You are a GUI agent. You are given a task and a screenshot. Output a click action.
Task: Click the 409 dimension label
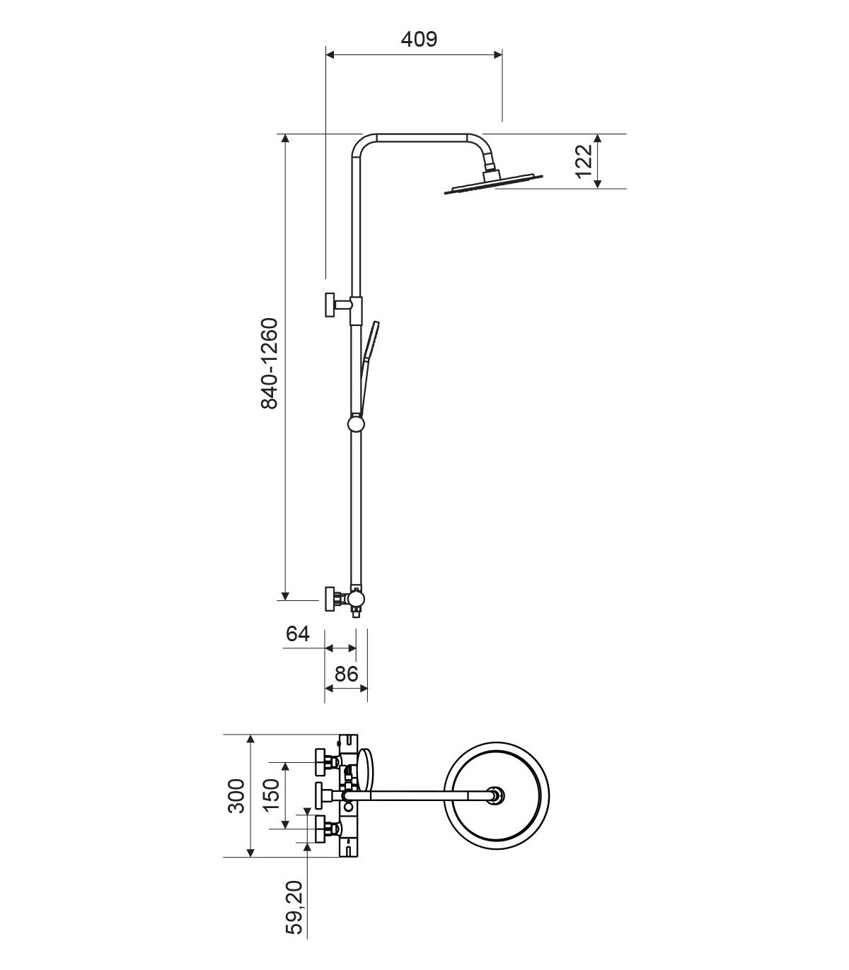point(420,40)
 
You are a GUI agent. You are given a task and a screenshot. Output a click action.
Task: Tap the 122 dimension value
point(584,160)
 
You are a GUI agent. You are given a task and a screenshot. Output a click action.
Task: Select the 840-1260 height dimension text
point(270,363)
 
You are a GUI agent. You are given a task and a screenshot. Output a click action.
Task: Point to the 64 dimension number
point(298,634)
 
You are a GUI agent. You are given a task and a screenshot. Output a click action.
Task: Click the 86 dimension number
point(346,674)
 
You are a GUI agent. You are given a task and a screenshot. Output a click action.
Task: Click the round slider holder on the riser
point(356,423)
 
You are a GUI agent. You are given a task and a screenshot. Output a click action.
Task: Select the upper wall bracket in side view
point(342,305)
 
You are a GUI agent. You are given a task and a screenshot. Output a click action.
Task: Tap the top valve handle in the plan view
point(328,762)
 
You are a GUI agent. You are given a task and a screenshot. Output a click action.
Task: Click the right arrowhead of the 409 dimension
point(498,54)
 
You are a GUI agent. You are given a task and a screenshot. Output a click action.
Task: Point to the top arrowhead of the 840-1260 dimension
point(285,138)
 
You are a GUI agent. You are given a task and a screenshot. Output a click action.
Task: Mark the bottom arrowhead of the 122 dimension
point(598,184)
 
